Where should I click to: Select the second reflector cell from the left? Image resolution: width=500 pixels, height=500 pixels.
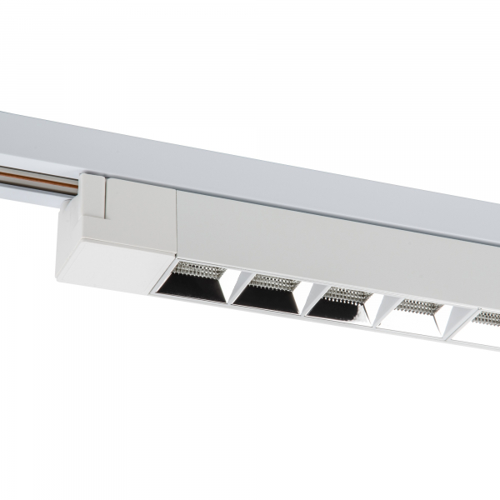265,295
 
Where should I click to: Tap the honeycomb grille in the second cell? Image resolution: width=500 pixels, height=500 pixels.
272,282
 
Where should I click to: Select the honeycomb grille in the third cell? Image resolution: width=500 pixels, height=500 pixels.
343,294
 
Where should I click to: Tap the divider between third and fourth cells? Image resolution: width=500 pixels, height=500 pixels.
376,308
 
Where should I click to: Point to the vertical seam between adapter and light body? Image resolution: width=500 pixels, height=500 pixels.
177,225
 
